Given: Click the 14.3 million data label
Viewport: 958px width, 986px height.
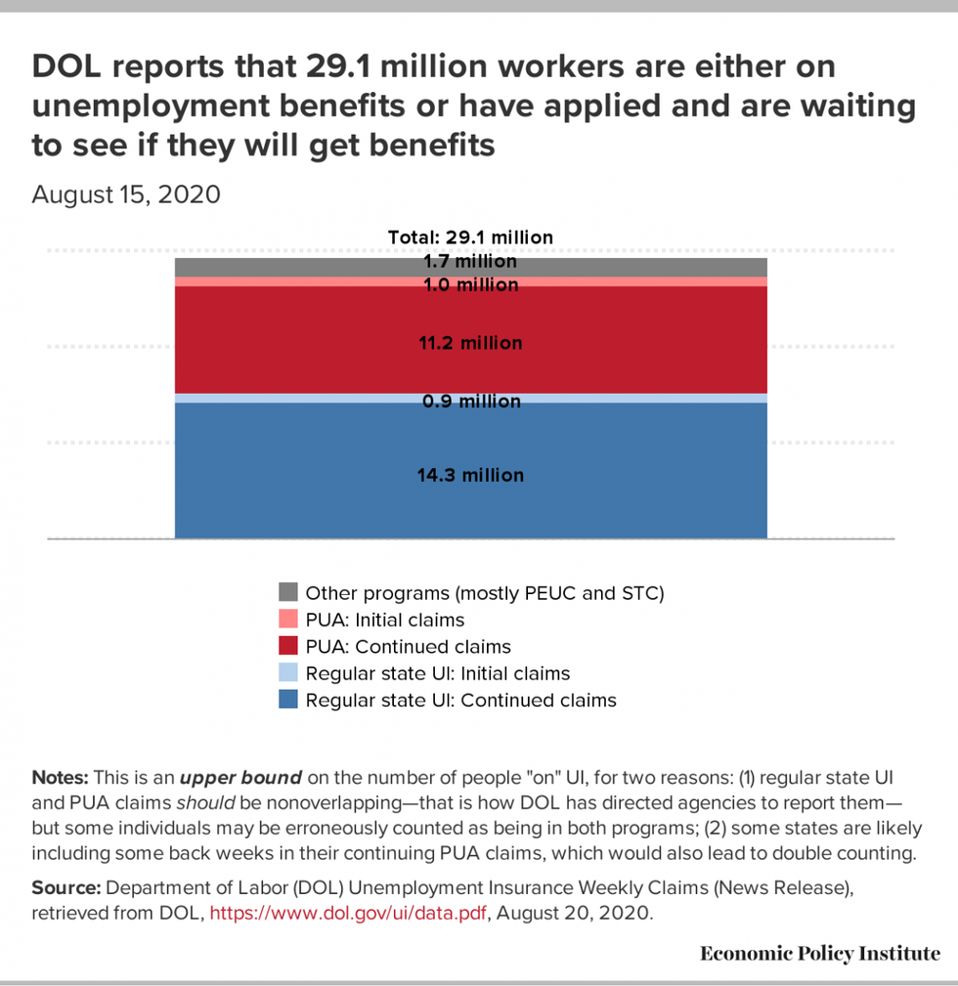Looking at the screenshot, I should tap(470, 476).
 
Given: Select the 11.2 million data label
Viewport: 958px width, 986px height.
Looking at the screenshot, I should tap(470, 343).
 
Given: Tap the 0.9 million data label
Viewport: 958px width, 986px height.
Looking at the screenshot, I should tap(470, 402).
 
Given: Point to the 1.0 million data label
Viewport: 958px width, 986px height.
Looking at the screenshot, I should tap(470, 285).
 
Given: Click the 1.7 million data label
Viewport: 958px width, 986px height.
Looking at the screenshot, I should tap(470, 262).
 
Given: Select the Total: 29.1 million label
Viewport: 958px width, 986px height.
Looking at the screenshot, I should tap(470, 237).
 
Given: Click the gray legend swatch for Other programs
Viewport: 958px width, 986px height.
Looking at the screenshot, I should tap(288, 592).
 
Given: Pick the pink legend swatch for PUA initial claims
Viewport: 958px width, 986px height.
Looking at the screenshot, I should tap(288, 620).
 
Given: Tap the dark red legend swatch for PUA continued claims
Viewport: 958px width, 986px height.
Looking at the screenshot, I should tap(288, 646).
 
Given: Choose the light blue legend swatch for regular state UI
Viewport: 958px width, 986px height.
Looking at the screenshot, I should tap(288, 673).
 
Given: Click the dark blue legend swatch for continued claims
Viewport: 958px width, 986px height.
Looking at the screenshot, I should tap(288, 700).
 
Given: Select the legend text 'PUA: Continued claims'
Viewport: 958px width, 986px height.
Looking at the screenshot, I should tap(408, 647).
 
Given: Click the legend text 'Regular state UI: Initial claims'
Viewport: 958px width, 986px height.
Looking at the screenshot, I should tap(437, 673).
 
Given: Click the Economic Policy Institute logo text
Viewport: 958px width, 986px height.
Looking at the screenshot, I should tap(820, 953).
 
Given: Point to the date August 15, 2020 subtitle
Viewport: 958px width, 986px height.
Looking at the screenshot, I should tap(126, 194).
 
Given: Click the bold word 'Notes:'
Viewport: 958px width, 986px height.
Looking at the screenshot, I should tap(61, 778).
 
